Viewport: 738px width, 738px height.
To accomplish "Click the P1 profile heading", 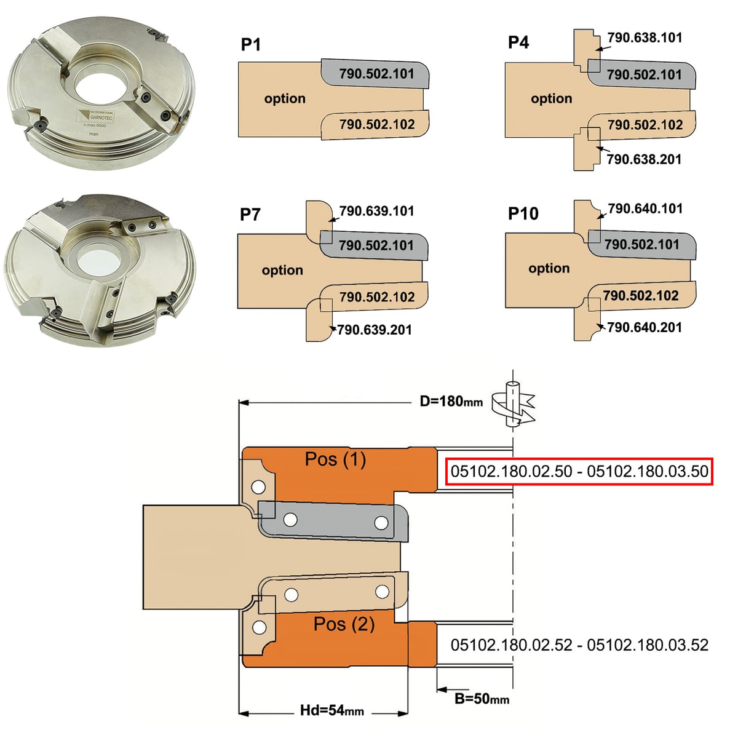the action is pos(251,44).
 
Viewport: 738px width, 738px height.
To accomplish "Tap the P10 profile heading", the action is pos(523,213).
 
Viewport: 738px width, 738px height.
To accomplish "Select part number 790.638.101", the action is pos(645,38).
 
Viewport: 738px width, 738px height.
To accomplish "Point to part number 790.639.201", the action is pos(375,330).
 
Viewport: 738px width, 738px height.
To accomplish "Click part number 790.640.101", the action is pos(645,208).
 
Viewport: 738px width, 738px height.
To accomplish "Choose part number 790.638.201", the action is pos(644,159).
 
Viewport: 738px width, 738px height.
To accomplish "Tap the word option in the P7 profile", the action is pos(282,271).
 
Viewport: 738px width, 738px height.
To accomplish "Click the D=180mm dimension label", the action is pos(451,402).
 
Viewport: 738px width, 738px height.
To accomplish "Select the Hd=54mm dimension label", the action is pos(331,711).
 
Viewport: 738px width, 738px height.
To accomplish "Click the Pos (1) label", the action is pos(335,459).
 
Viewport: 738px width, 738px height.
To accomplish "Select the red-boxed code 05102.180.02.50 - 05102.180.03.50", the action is pos(579,472).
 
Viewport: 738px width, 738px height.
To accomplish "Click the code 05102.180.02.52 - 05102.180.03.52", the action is pos(579,645).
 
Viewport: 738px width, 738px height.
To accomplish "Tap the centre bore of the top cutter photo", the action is pos(99,90).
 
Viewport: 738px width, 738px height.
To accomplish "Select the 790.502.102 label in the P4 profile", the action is pos(645,125).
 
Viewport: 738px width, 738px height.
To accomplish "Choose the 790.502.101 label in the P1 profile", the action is pos(376,74).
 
